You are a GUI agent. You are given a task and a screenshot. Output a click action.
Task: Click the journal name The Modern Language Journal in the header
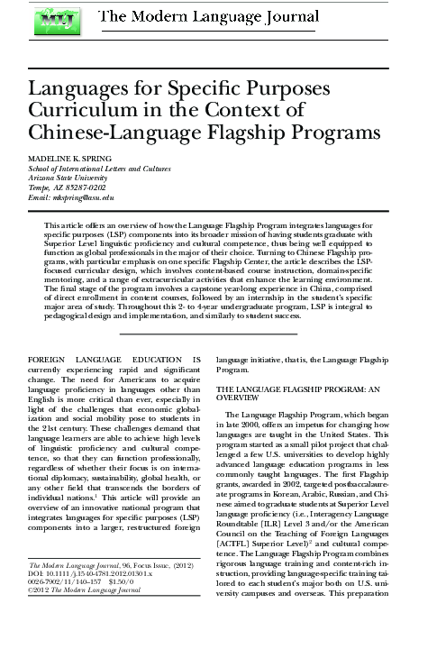pos(229,15)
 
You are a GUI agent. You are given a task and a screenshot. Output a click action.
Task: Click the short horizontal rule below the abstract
pos(222,308)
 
